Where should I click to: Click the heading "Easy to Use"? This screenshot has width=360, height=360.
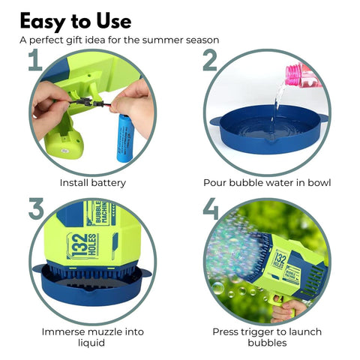(75, 19)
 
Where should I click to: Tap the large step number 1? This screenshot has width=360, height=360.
(33, 61)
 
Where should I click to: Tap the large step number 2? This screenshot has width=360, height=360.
(210, 61)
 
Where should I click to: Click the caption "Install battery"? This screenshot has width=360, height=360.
(93, 182)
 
